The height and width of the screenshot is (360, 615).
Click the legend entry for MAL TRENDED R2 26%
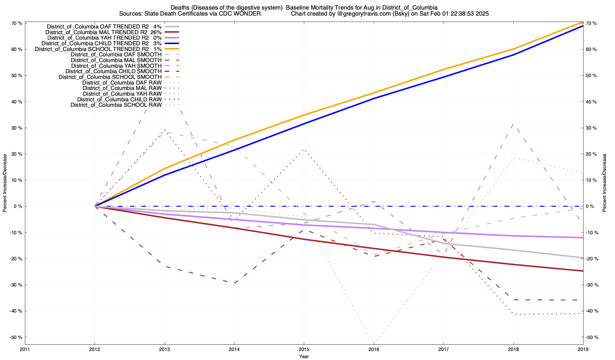(x=104, y=32)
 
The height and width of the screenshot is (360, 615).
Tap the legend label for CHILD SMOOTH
(x=113, y=71)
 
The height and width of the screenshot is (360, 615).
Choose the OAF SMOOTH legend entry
(x=116, y=55)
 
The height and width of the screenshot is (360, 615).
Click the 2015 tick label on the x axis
(x=304, y=349)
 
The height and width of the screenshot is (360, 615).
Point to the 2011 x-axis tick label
(x=25, y=349)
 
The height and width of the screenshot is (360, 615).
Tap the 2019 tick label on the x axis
(x=583, y=349)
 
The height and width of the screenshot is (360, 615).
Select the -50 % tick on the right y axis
(x=591, y=337)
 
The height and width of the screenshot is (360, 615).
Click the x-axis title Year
(x=304, y=356)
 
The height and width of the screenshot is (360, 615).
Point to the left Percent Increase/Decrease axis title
(x=5, y=183)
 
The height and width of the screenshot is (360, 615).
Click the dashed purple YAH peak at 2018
(x=513, y=124)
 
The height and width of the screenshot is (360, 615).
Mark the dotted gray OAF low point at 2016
(x=374, y=342)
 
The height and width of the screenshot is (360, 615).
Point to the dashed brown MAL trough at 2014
(x=234, y=283)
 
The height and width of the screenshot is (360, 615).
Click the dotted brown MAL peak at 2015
(x=304, y=150)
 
